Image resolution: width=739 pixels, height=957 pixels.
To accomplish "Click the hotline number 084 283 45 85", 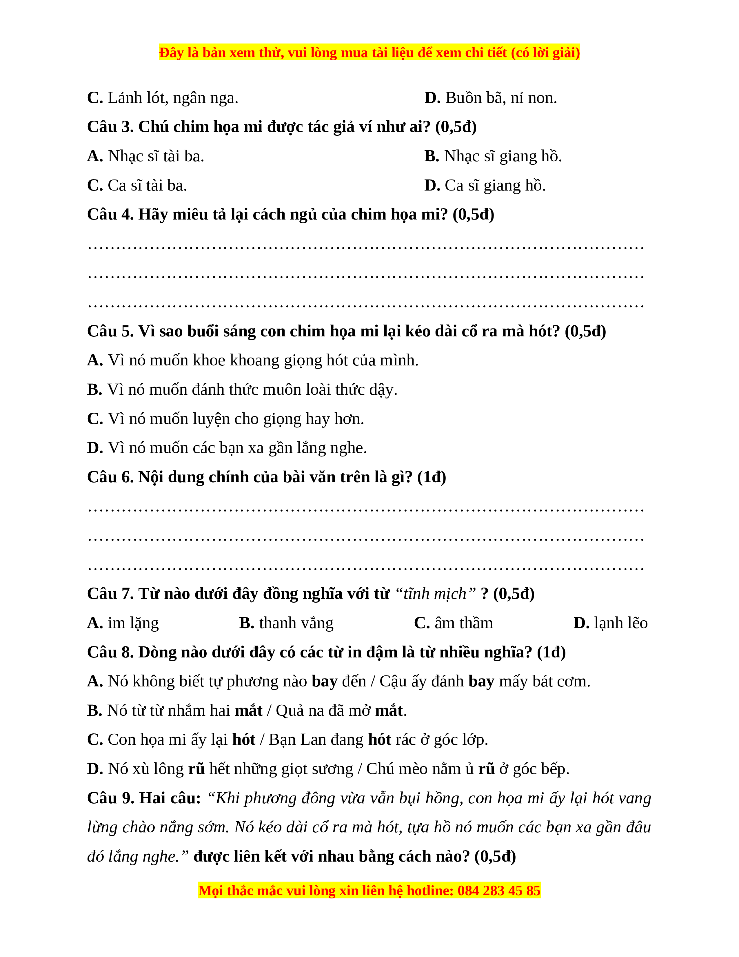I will (499, 891).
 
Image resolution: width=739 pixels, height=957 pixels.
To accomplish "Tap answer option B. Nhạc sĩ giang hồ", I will (493, 156).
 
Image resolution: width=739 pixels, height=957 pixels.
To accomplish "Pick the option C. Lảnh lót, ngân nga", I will (162, 98).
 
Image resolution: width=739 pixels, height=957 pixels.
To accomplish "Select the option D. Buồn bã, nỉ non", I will (490, 98).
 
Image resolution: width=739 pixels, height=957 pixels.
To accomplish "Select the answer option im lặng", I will (123, 623).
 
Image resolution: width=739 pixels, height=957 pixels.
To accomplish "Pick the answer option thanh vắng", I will (286, 623).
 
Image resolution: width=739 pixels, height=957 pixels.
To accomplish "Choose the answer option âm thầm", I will (454, 623).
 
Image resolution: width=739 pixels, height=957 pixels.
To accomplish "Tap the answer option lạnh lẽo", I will (610, 623).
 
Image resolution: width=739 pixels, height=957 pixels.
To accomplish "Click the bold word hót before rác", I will (379, 740).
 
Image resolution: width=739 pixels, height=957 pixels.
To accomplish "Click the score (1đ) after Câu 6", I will (432, 477).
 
